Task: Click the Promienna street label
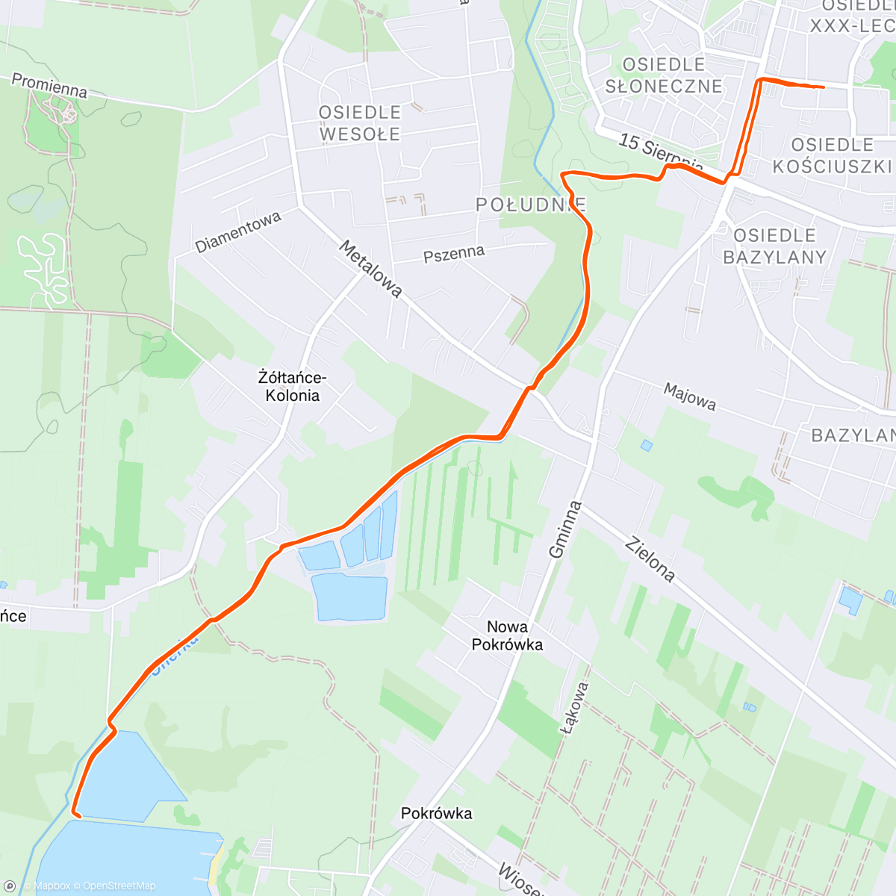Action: click(x=49, y=86)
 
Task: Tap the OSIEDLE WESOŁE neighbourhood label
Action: click(x=360, y=123)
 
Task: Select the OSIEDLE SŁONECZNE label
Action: click(x=664, y=75)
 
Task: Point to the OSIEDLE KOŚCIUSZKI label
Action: click(x=832, y=155)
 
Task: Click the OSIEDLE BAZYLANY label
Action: click(x=774, y=246)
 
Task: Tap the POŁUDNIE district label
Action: click(x=531, y=205)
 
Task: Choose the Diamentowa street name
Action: click(x=238, y=231)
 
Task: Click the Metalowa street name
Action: click(x=371, y=269)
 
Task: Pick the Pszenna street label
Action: click(x=454, y=254)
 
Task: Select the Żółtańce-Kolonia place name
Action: click(x=293, y=387)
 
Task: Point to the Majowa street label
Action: click(x=690, y=396)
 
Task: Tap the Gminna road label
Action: click(x=565, y=529)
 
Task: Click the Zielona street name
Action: click(x=650, y=559)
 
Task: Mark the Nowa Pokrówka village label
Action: click(x=507, y=635)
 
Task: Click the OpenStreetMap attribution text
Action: click(x=119, y=886)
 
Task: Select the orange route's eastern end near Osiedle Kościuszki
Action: click(x=823, y=87)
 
